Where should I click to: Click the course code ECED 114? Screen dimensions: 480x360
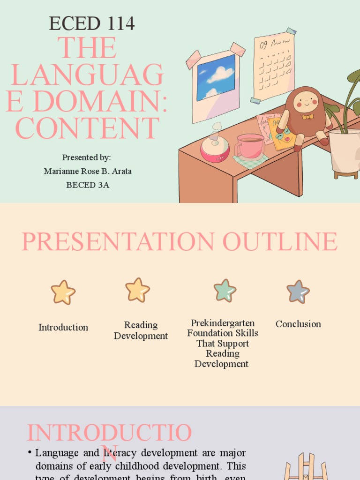[x=92, y=23]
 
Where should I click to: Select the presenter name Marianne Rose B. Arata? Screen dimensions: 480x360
[x=88, y=171]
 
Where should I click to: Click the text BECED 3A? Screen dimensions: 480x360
[x=88, y=185]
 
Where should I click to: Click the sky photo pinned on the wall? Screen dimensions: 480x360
[x=216, y=77]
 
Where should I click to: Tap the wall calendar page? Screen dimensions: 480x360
[x=274, y=66]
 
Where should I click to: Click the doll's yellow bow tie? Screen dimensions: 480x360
[x=307, y=117]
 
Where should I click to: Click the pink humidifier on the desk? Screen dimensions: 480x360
[x=215, y=149]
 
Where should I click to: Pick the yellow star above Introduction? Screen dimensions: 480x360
[x=63, y=292]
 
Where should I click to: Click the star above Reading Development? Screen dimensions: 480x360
[x=138, y=290]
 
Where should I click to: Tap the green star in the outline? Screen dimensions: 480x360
[x=225, y=290]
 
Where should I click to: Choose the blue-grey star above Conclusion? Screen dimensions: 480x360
[x=298, y=292]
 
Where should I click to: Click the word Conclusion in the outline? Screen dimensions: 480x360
[x=298, y=324]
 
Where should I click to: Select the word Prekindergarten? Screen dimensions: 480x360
[x=223, y=323]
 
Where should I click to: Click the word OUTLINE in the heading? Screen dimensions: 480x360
[x=280, y=242]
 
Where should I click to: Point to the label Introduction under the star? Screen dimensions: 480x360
[x=63, y=327]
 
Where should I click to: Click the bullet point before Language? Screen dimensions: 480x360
[x=30, y=452]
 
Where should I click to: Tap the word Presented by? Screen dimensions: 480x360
[x=86, y=157]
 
